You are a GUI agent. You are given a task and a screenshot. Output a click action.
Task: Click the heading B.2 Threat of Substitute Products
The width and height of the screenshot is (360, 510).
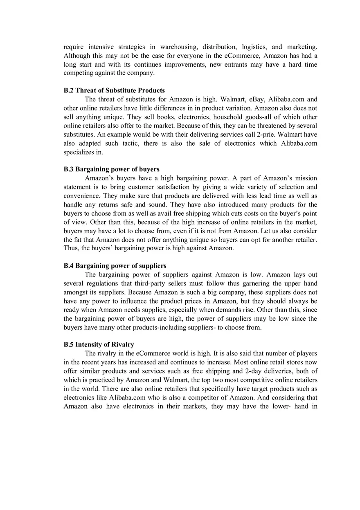(x=114, y=90)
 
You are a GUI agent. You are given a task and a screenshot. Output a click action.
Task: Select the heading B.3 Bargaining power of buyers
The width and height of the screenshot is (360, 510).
(x=111, y=169)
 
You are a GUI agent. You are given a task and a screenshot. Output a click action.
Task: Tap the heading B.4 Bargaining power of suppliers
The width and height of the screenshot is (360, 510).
(x=115, y=266)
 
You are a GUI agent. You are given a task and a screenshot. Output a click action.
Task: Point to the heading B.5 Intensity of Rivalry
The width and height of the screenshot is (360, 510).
(x=99, y=344)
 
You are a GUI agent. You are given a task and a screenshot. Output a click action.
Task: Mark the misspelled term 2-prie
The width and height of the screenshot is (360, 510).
(x=264, y=135)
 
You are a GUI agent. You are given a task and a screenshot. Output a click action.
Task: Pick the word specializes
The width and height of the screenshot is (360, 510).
(x=79, y=152)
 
